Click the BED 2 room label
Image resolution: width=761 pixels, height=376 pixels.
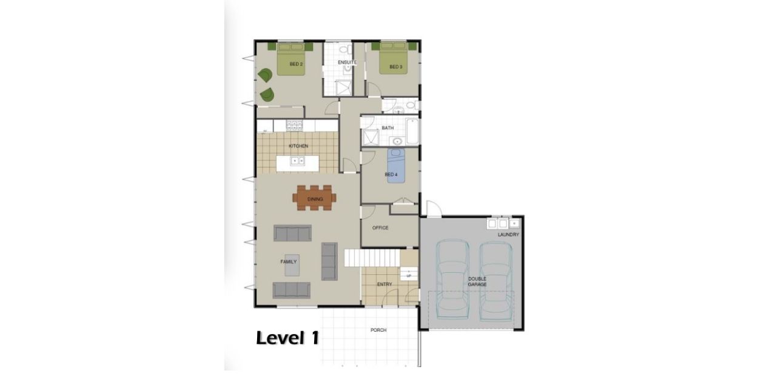click(x=296, y=64)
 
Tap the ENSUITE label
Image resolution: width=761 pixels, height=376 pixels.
click(x=347, y=62)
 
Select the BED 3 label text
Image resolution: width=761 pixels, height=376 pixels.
click(x=396, y=67)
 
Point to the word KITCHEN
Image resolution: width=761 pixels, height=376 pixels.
click(x=298, y=146)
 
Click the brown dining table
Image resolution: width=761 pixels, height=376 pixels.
click(x=314, y=198)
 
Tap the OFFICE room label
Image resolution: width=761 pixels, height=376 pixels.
click(x=380, y=228)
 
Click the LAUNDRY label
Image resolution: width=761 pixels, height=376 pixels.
click(x=508, y=234)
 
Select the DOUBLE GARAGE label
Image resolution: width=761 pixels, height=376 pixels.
click(x=477, y=281)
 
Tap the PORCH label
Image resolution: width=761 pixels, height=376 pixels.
click(x=378, y=330)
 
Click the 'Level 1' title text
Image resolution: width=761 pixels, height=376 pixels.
click(x=287, y=338)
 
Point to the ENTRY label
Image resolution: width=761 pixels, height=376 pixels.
click(x=384, y=284)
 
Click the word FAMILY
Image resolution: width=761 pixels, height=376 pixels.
click(x=288, y=262)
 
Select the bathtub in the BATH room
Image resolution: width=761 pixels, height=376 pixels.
click(x=412, y=131)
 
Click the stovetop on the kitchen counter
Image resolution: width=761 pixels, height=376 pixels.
click(x=295, y=126)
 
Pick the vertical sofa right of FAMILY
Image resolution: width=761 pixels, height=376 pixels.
click(x=329, y=261)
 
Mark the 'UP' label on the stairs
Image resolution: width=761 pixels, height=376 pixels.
click(x=409, y=276)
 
